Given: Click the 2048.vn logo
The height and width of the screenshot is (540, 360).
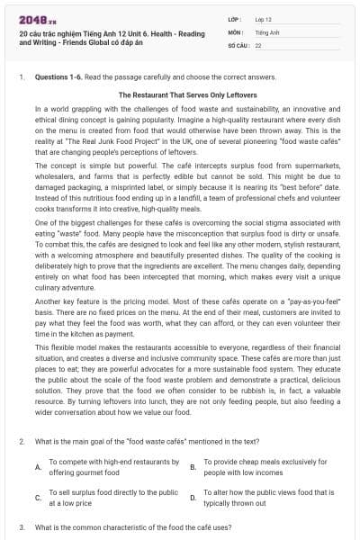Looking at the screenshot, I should click(x=35, y=17).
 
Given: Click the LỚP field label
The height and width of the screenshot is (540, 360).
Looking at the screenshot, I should click(x=234, y=19).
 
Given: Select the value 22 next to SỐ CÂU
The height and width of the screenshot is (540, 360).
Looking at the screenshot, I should click(x=258, y=43).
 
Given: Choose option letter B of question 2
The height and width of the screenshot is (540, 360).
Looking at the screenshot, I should click(x=193, y=467).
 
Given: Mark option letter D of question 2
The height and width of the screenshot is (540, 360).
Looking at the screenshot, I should click(x=193, y=498).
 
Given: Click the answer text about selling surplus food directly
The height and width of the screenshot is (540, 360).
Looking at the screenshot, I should click(x=112, y=498).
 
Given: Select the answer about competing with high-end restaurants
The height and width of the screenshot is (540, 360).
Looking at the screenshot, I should click(x=112, y=467).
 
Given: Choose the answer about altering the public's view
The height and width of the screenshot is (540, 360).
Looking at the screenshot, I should click(x=268, y=498).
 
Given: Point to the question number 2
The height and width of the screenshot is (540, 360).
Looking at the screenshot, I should click(x=22, y=442).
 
